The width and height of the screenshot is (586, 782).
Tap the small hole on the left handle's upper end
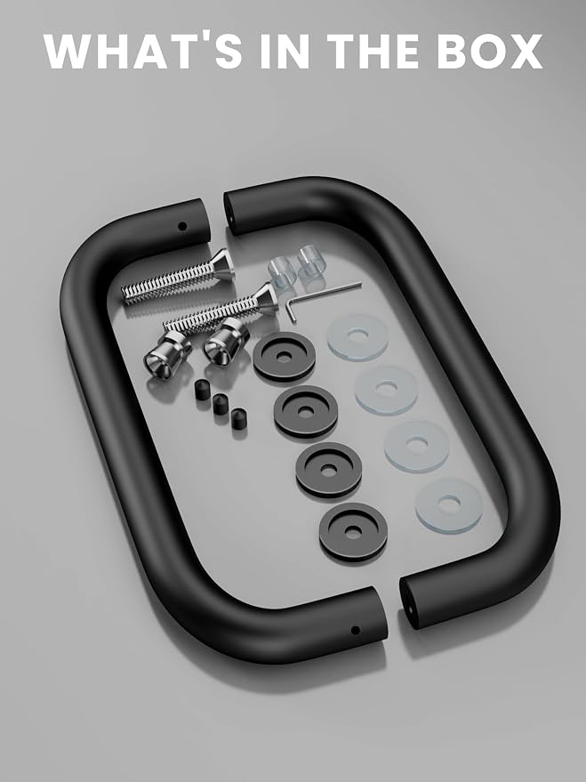pos(182,227)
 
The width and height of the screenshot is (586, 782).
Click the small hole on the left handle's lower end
pos(356,631)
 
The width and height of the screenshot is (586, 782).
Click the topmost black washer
pos(284,357)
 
